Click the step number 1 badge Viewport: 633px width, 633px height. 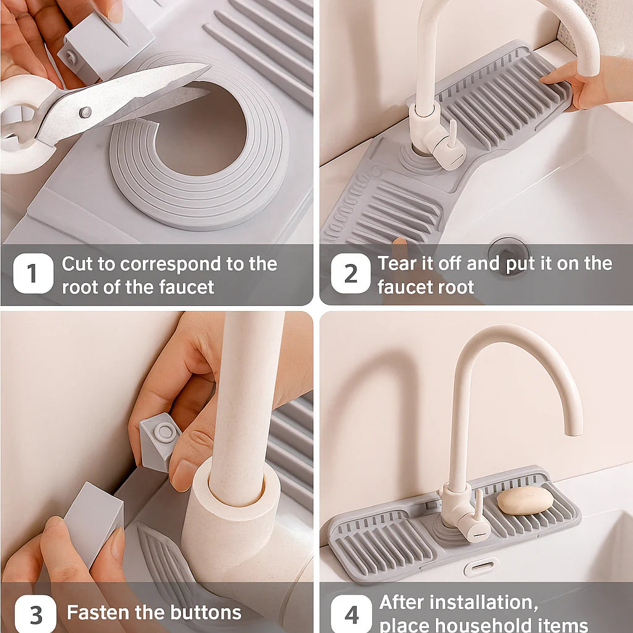[x=33, y=273]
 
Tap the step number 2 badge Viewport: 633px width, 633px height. [x=350, y=273]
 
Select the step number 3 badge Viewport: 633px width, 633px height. [x=35, y=614]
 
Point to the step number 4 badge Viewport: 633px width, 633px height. [x=351, y=614]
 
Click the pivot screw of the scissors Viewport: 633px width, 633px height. [x=85, y=112]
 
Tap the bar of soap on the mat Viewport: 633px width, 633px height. [x=525, y=500]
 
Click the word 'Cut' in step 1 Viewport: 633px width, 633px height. [x=77, y=264]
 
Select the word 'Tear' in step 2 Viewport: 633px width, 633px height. [x=397, y=264]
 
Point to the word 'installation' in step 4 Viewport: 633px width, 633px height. [x=483, y=602]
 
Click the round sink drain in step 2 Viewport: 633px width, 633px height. [x=508, y=252]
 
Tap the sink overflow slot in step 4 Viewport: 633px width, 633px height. [x=481, y=566]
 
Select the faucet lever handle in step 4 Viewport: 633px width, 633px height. [x=478, y=504]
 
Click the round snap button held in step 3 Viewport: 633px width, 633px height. [x=164, y=433]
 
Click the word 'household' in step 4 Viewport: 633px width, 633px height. [x=474, y=624]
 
